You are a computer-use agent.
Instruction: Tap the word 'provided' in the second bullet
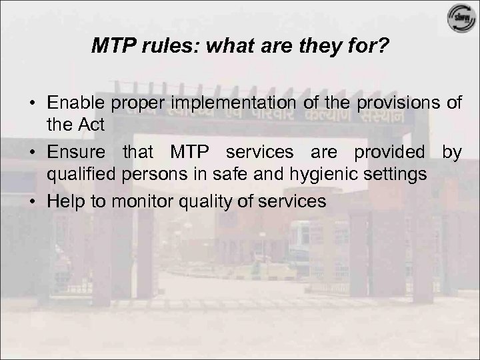395,153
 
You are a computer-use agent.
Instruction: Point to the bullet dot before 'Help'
33,201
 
